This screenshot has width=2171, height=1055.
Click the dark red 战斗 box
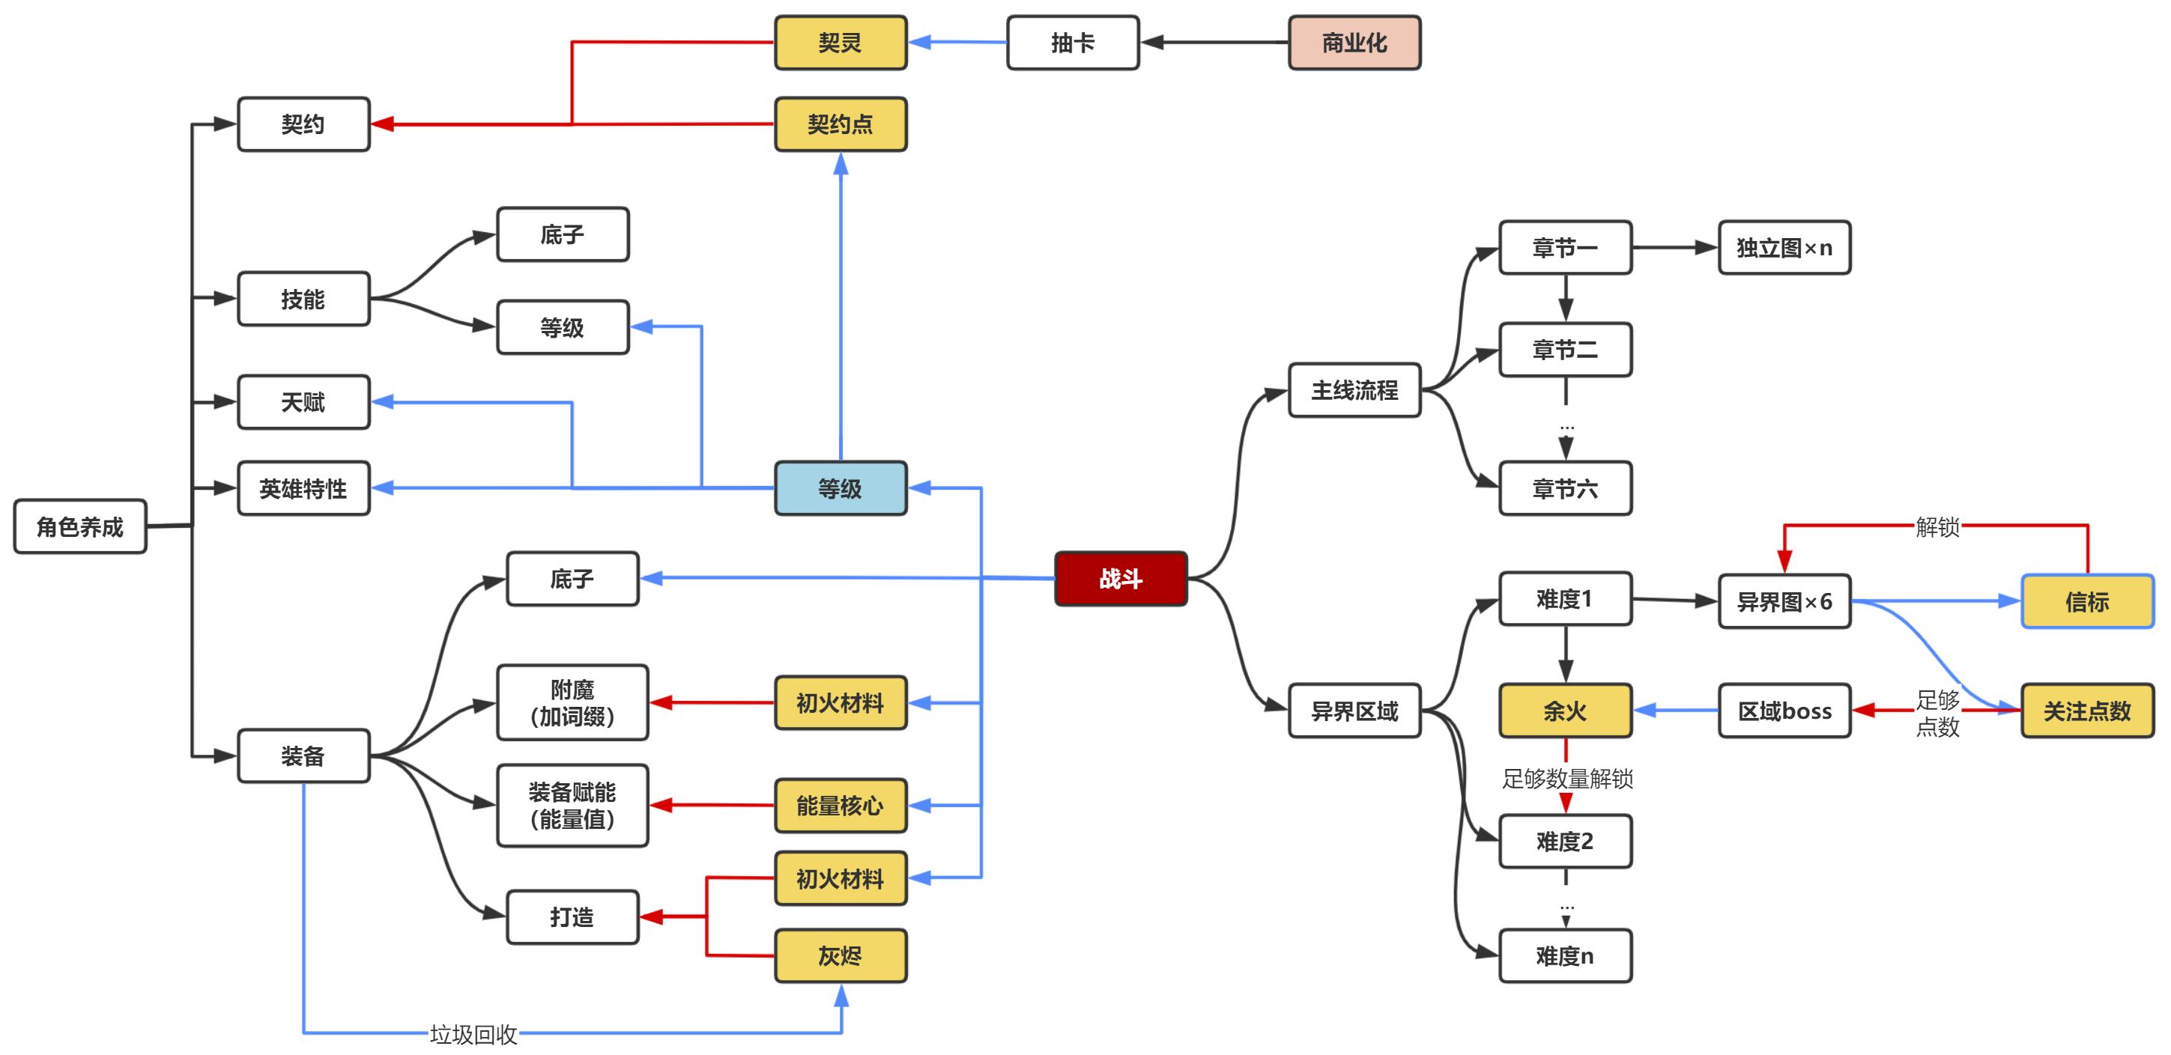click(1120, 579)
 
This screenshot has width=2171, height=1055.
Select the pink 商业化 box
click(1354, 43)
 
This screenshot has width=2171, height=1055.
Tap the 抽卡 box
click(1072, 43)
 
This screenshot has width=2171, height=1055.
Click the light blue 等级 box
click(841, 488)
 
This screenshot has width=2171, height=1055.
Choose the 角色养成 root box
click(80, 526)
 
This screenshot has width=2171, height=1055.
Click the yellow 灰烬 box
click(841, 955)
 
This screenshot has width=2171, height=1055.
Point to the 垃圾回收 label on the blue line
click(473, 1034)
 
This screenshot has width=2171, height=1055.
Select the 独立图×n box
click(1784, 248)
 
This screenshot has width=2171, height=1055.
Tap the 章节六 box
click(1565, 488)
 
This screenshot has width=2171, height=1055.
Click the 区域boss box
click(1784, 711)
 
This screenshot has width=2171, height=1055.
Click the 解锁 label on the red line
click(1937, 527)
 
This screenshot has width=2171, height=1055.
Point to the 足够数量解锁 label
click(1566, 778)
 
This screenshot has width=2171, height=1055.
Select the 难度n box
click(1565, 955)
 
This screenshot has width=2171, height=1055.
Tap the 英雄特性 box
click(303, 488)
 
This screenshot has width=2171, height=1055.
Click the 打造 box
click(572, 916)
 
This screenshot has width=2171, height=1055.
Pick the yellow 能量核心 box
click(841, 806)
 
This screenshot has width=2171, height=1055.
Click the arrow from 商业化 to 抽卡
click(1214, 42)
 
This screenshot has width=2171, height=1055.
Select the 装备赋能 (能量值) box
click(572, 806)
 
